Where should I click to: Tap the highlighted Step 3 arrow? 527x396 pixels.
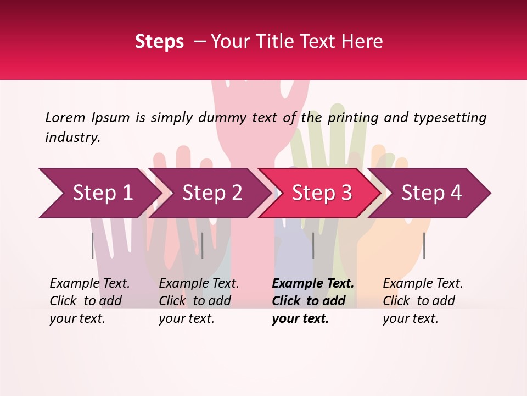pos(322,193)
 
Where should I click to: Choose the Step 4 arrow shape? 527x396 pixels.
pos(431,193)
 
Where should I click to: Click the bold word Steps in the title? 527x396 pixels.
pos(159,42)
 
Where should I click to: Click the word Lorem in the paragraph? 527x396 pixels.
pos(65,117)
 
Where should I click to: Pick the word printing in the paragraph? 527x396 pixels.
pos(353,118)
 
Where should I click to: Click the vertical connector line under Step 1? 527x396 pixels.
pos(93,245)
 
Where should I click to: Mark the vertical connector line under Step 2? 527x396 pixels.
pos(203,245)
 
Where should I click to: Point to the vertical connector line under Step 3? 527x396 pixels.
pos(313,245)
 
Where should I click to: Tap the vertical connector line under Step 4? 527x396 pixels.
pos(424,245)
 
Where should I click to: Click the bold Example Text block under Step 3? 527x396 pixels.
pos(313,301)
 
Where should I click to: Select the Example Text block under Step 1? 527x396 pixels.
pos(89,301)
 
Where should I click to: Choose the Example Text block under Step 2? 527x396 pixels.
pos(199,301)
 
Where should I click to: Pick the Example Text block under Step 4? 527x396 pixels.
pos(423,301)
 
